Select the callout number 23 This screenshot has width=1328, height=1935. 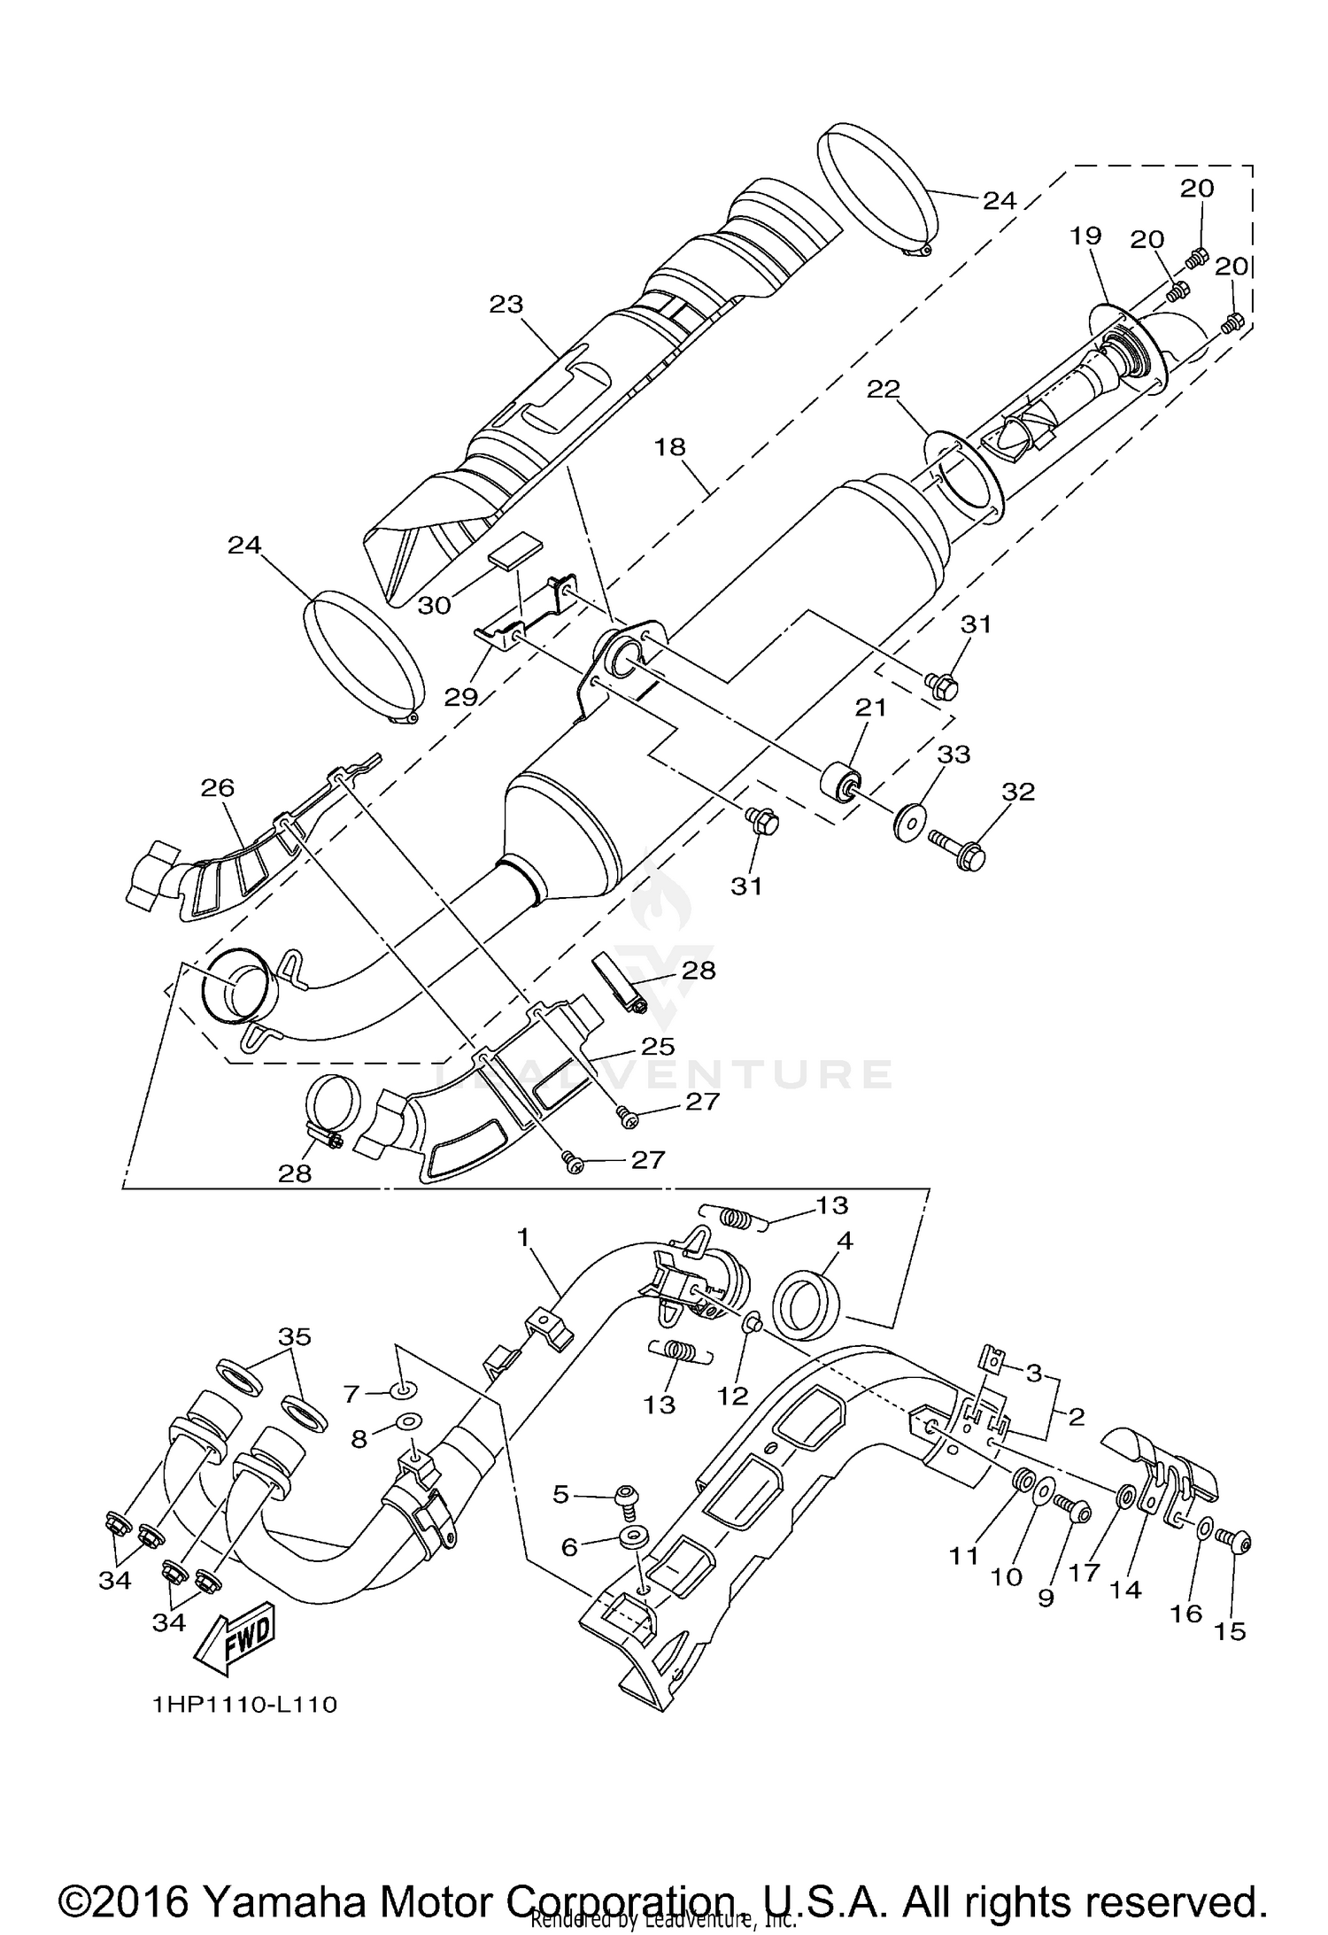coord(506,305)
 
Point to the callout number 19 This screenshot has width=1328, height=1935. coord(1085,236)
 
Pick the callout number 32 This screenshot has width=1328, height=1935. coord(1017,791)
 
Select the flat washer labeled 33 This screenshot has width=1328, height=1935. coord(907,824)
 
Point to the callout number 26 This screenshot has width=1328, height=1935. coord(218,787)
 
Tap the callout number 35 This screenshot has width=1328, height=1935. coord(295,1337)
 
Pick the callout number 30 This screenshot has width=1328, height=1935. coord(434,605)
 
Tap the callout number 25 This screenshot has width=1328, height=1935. coord(659,1047)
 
